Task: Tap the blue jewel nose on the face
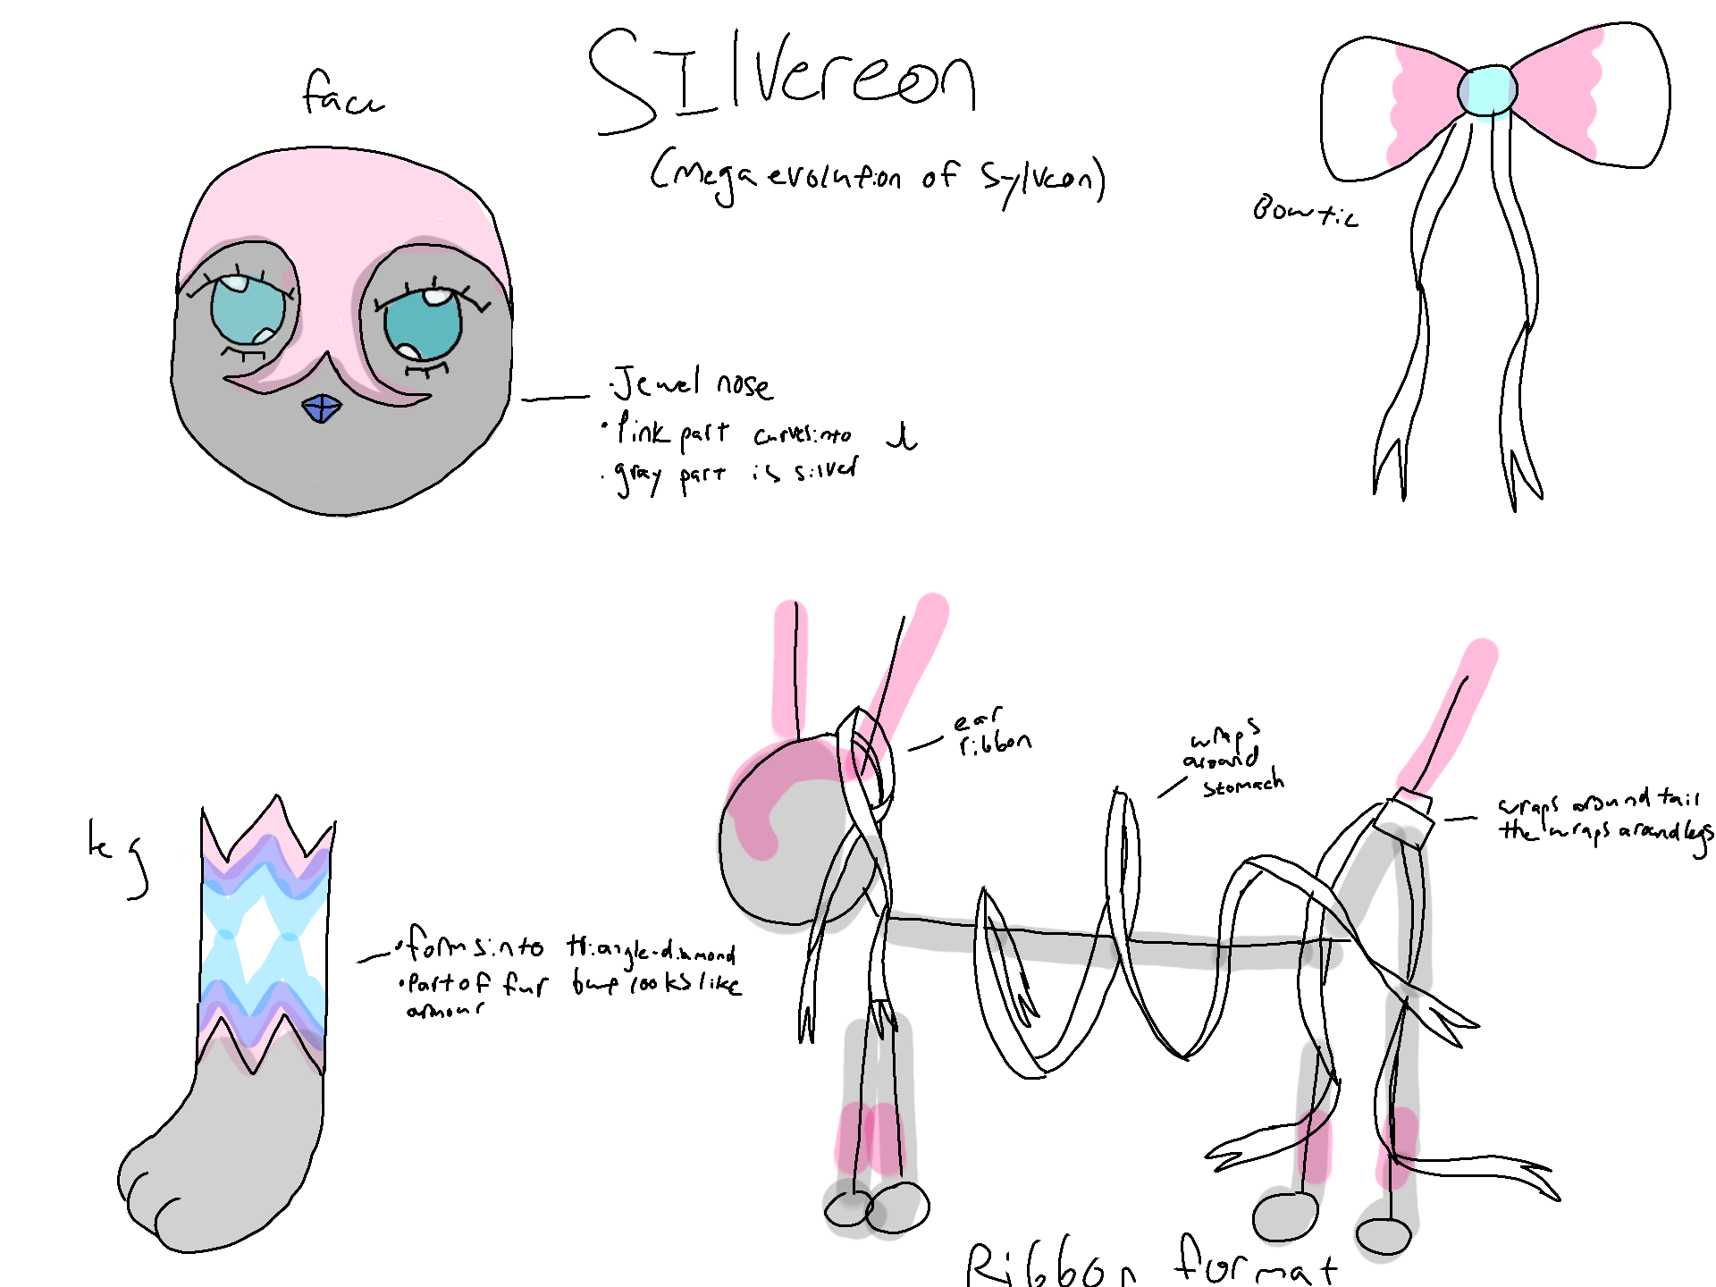(322, 409)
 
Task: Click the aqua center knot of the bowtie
(1486, 90)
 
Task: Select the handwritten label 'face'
(342, 94)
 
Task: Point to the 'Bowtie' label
(1304, 212)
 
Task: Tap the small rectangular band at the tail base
(1404, 817)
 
